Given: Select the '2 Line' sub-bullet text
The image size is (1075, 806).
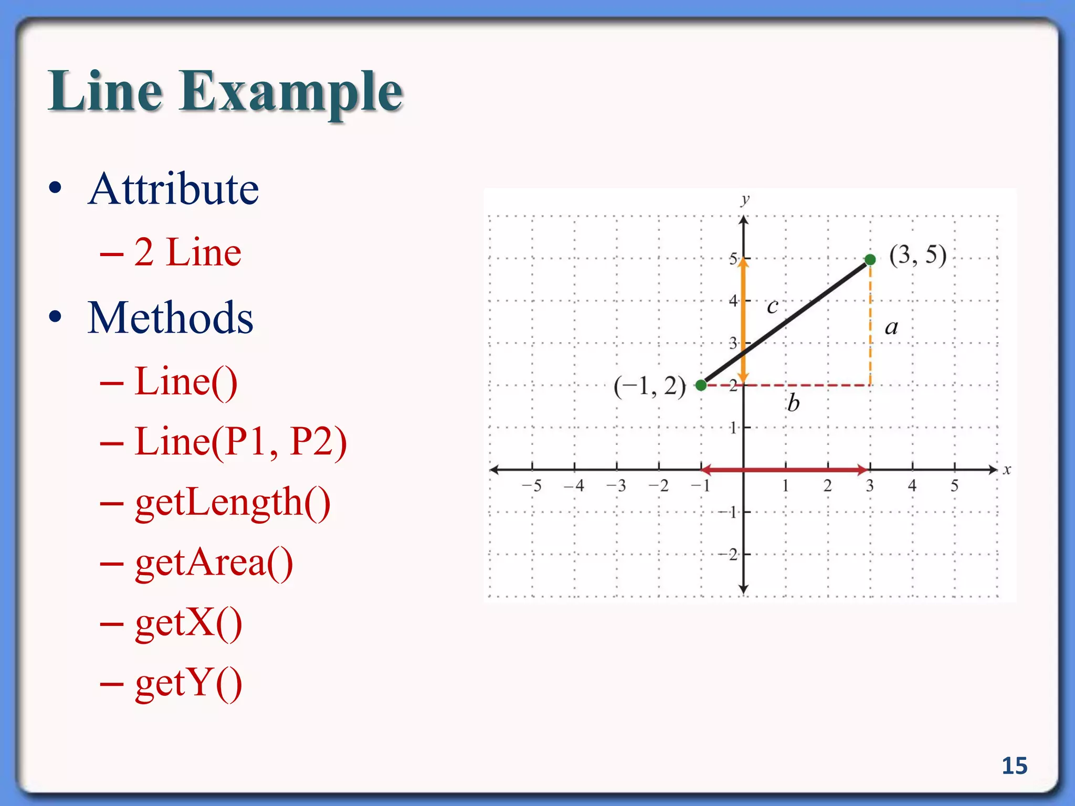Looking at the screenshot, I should (187, 252).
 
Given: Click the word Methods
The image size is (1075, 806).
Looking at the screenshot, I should (171, 318).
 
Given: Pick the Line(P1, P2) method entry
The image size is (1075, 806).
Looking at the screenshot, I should (240, 442).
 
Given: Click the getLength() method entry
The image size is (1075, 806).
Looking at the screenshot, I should (233, 503).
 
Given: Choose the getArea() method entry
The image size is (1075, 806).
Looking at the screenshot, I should (214, 563).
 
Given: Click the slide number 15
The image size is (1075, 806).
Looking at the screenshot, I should (1014, 766).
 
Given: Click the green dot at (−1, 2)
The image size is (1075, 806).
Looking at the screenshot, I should (701, 386).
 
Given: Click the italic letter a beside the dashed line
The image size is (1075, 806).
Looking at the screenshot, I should (891, 328).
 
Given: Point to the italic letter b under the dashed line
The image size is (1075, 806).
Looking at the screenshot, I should (793, 403).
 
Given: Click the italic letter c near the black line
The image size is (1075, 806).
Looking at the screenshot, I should (772, 306).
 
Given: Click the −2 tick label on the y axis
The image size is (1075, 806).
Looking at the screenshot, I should (728, 554).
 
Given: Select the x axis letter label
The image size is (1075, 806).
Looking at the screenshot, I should (1007, 470).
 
